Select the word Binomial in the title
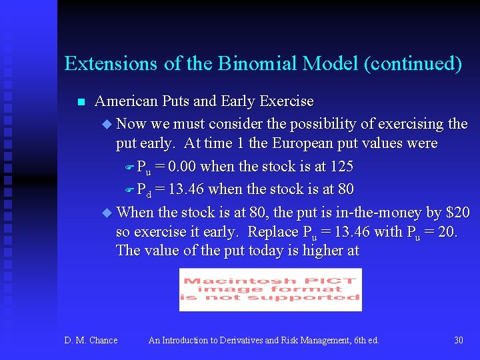pos(259,64)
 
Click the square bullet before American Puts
pos(81,102)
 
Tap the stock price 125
pos(341,167)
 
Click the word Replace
pos(273,232)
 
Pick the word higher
pos(319,251)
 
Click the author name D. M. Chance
pos(91,341)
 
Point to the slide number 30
pos(458,341)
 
